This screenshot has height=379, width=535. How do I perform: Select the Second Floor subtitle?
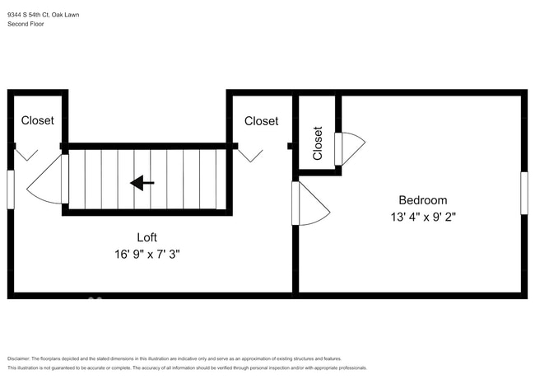pyautogui.click(x=26, y=24)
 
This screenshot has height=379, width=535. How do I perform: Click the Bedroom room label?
pyautogui.click(x=422, y=200)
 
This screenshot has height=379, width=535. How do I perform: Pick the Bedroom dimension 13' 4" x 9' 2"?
pyautogui.click(x=422, y=218)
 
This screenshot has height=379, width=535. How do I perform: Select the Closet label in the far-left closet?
pyautogui.click(x=38, y=120)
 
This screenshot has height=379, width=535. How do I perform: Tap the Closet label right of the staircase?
pyautogui.click(x=261, y=120)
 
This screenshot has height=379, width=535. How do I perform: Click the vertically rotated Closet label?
pyautogui.click(x=318, y=143)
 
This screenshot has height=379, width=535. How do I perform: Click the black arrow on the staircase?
pyautogui.click(x=142, y=183)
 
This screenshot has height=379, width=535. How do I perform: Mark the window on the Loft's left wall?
pyautogui.click(x=11, y=189)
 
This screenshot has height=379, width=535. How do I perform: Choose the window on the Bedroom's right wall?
pyautogui.click(x=523, y=193)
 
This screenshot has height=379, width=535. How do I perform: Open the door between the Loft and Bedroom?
pyautogui.click(x=311, y=204)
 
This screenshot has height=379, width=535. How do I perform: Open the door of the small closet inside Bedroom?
pyautogui.click(x=351, y=148)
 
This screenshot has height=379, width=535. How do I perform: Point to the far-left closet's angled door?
pyautogui.click(x=27, y=154)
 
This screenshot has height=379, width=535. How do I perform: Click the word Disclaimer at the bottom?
pyautogui.click(x=18, y=358)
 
